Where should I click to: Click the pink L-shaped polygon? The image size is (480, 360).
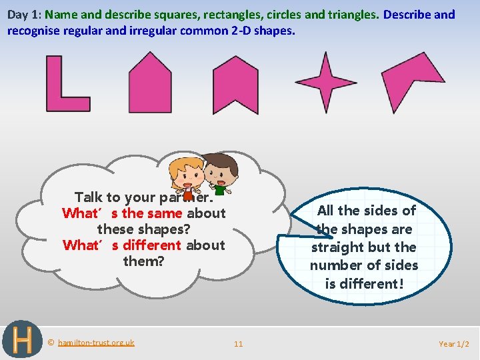57,100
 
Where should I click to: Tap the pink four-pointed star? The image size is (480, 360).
325,82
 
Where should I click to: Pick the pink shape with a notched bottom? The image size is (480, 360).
235,83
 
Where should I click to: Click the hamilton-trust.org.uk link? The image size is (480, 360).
96,343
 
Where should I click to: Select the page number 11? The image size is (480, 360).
238,344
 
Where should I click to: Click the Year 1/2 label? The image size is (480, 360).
454,344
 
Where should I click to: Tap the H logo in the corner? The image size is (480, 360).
22,340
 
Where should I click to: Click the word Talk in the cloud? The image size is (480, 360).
88,197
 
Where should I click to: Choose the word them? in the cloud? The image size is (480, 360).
143,261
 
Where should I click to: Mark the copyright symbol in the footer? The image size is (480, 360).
51,343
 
